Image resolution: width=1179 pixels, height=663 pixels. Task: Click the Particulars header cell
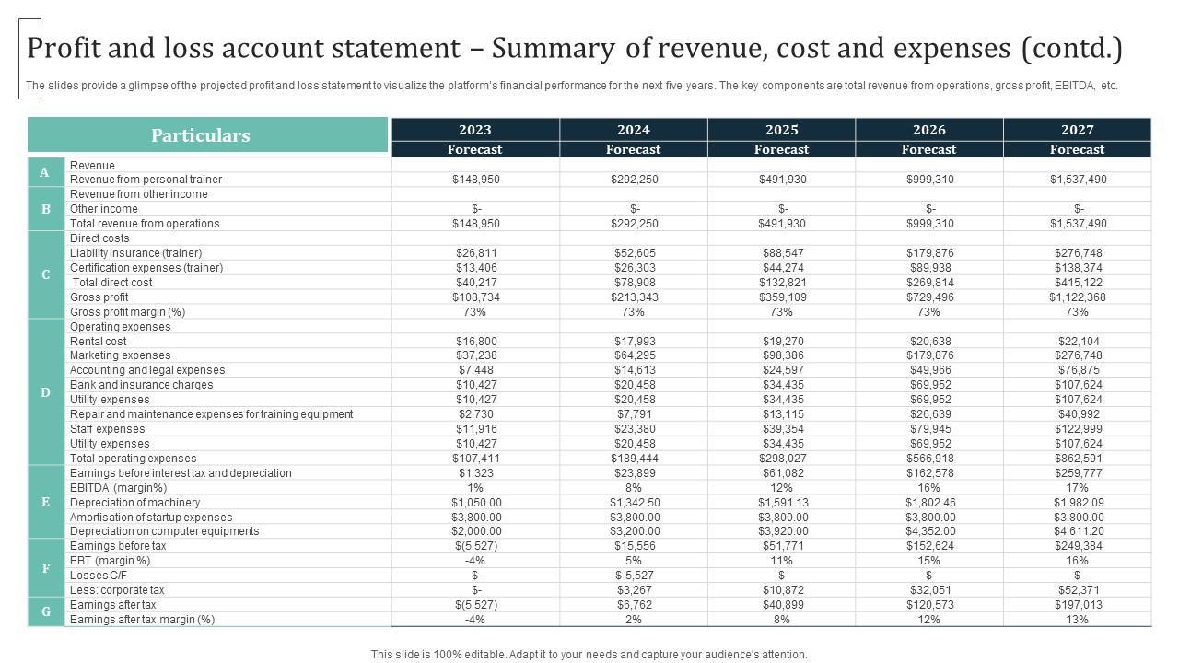click(201, 135)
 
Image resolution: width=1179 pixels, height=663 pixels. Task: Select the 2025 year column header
click(781, 130)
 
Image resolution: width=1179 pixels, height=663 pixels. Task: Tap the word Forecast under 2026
click(928, 149)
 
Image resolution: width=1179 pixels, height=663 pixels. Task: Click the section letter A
click(46, 172)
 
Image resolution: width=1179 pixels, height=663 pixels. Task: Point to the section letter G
click(46, 611)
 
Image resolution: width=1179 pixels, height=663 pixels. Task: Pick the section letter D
click(46, 392)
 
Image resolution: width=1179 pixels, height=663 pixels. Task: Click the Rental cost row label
click(99, 341)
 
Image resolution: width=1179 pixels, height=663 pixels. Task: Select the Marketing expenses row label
click(120, 355)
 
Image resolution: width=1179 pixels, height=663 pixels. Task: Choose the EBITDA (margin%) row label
click(119, 488)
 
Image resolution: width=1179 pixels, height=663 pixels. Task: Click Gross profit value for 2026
click(929, 297)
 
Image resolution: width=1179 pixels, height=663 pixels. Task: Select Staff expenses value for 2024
click(635, 429)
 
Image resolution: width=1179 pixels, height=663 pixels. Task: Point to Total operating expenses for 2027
click(1078, 459)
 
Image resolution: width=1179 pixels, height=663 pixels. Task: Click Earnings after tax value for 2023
click(476, 605)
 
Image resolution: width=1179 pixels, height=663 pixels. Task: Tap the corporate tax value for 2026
click(929, 590)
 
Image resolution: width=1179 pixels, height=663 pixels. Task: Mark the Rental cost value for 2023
click(476, 341)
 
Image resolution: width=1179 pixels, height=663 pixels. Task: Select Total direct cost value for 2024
click(635, 283)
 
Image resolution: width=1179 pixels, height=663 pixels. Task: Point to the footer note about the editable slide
click(589, 655)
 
